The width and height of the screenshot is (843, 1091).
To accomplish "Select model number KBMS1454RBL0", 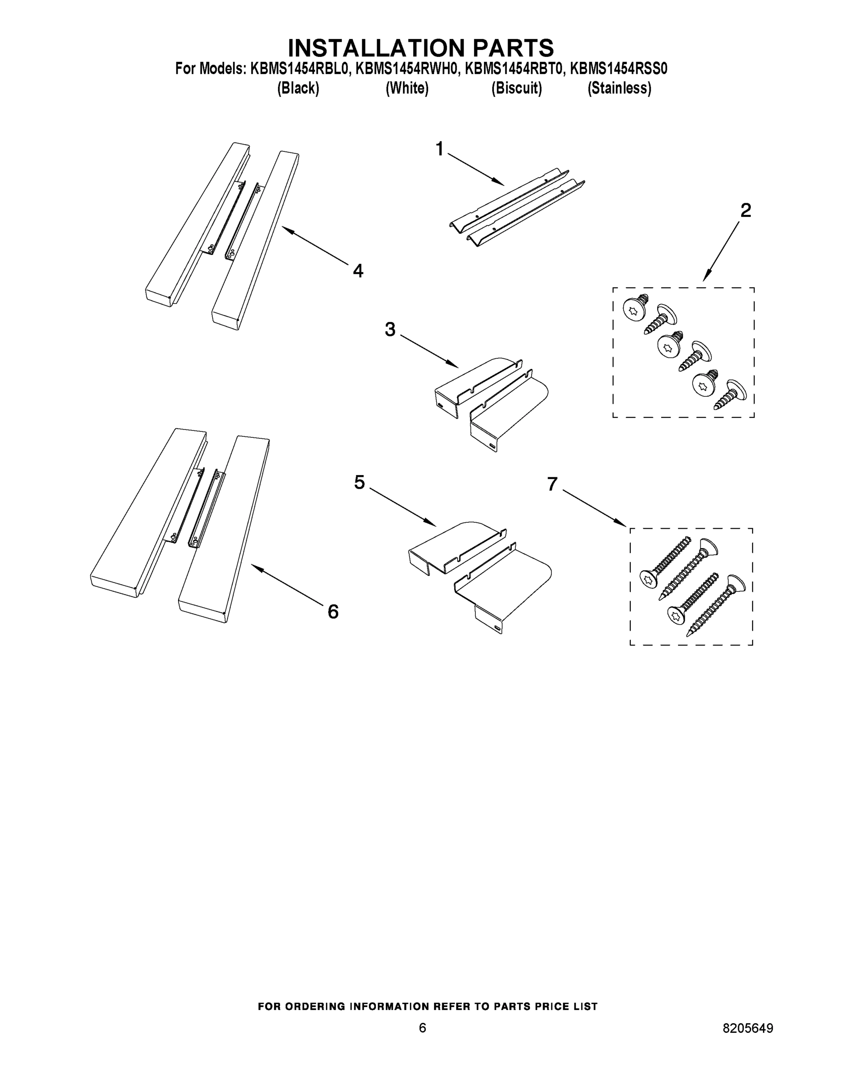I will coord(298,69).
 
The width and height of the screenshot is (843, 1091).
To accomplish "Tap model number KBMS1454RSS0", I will coord(618,69).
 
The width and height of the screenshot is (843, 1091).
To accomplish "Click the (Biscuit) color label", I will coord(516,89).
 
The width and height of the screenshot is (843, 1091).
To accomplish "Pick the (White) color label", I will coord(407,89).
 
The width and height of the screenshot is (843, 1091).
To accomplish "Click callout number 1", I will coord(439,149).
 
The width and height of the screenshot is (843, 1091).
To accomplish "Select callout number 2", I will coord(745,210).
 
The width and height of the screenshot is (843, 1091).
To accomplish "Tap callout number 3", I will coord(390,330).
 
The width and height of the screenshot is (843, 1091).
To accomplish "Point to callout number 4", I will coord(358,271).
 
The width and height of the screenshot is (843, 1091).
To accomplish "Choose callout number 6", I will coord(333,611).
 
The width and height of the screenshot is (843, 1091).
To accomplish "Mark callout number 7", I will coord(552,484).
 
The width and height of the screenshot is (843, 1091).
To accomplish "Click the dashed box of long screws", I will coord(691,586).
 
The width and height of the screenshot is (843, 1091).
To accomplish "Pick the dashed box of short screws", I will coord(683,352).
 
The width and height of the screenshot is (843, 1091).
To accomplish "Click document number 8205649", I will coord(748,1028).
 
